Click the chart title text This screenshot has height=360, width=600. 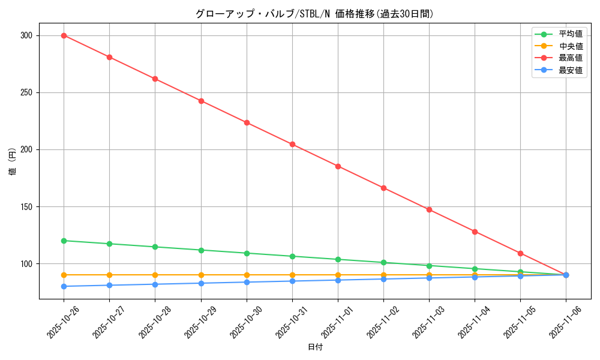pos(314,14)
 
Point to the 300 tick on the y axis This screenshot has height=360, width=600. pos(26,35)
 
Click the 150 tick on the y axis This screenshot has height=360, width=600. pos(26,207)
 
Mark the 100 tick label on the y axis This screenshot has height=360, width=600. pos(26,264)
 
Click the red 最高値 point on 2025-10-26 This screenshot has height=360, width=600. pos(64,35)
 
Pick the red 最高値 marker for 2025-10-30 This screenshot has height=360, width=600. pos(247,122)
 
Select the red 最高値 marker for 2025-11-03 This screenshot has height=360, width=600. pos(429,209)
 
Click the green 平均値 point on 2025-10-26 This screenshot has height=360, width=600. pos(64,241)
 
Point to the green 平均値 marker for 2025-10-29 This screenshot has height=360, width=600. pos(201,250)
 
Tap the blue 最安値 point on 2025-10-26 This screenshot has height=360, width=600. pos(64,286)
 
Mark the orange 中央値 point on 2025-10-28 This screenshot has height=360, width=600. pos(155,275)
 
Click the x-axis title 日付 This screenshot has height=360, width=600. pos(315,347)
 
